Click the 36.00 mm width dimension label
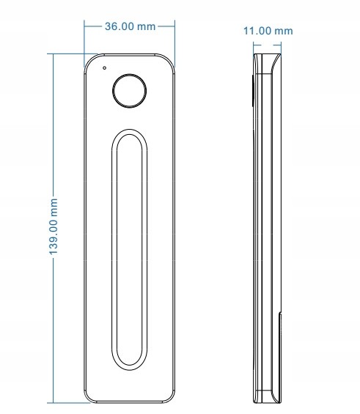pyautogui.click(x=130, y=26)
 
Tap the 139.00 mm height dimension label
pyautogui.click(x=54, y=227)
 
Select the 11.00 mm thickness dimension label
pyautogui.click(x=268, y=31)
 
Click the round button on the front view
pyautogui.click(x=130, y=91)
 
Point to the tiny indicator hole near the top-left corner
pyautogui.click(x=105, y=68)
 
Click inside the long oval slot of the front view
pyautogui.click(x=130, y=250)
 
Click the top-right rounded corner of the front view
pyautogui.click(x=169, y=59)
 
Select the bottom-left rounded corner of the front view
pyautogui.click(x=89, y=398)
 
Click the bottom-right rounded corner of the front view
pyautogui.click(x=170, y=398)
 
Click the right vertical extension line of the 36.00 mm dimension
pyautogui.click(x=175, y=43)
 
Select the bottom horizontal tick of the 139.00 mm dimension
pyautogui.click(x=69, y=403)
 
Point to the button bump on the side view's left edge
pyautogui.click(x=252, y=91)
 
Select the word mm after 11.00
pyautogui.click(x=284, y=32)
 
